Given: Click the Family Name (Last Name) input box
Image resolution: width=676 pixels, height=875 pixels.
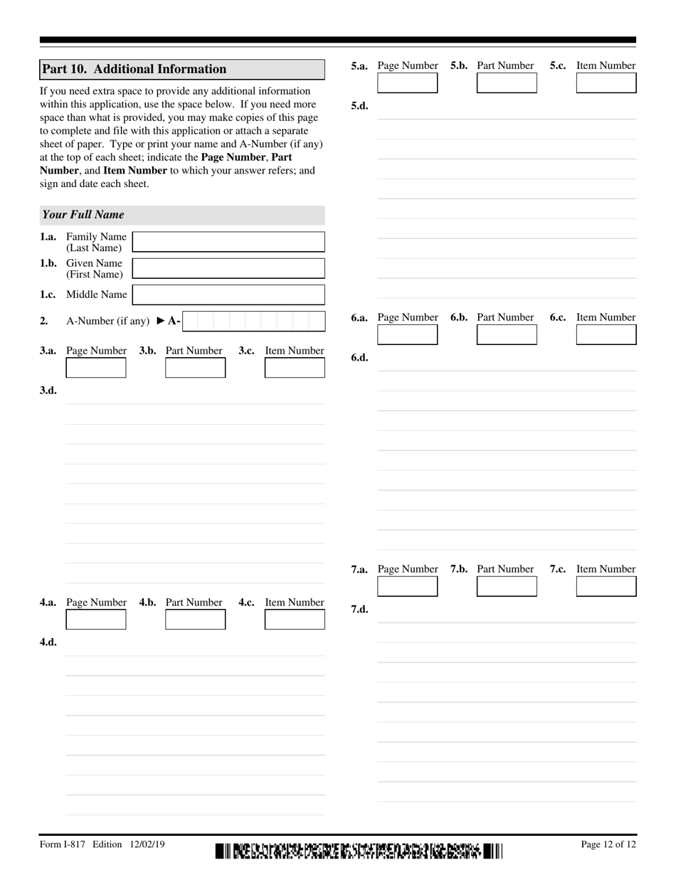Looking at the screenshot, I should point(228,242).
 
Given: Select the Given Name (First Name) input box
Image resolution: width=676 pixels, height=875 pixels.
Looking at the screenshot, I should point(228,268).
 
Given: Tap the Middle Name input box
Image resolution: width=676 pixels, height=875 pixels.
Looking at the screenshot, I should point(228,295).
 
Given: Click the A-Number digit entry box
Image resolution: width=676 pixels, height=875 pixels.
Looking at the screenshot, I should point(253,321).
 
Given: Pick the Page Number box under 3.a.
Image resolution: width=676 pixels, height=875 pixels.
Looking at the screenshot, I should point(96,368).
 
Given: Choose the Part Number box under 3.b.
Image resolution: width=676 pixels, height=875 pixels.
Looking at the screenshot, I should point(195,368).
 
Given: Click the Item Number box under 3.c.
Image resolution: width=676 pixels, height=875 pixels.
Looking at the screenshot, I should point(295,368).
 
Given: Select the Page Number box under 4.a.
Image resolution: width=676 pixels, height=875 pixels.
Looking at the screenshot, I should point(96,620).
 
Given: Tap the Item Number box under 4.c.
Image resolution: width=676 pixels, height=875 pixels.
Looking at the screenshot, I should point(295,620).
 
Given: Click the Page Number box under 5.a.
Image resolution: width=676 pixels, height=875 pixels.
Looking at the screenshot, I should point(407,83).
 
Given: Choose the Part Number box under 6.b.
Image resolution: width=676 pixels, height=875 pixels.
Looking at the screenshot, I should point(507,335).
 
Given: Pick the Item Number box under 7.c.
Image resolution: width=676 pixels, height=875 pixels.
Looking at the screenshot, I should point(606,586).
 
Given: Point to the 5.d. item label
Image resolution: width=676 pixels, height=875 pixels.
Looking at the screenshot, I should point(359,106).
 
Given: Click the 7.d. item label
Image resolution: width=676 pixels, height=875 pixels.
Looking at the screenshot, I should point(359,610).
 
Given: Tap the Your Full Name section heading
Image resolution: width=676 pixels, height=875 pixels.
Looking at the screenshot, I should point(83,215).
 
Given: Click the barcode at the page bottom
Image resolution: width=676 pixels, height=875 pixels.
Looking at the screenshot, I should point(359,851).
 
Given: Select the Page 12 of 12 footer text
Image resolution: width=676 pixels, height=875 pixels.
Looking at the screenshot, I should point(608,844).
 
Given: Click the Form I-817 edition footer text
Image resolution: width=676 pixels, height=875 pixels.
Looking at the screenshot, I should point(102,844).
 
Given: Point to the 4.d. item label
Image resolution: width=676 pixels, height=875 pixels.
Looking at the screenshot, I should point(48,642).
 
